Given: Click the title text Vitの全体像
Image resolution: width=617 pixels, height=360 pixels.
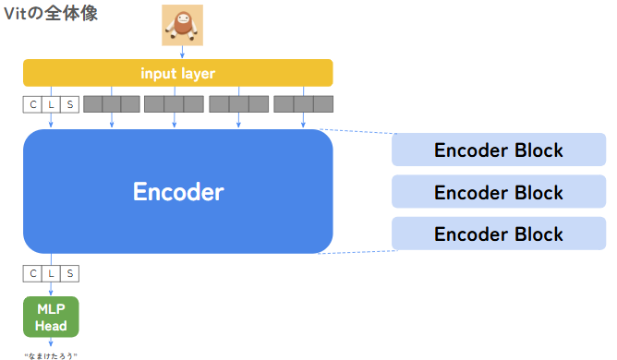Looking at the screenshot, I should pos(51,14).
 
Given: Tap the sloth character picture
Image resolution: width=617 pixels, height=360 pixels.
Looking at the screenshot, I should pos(181,25).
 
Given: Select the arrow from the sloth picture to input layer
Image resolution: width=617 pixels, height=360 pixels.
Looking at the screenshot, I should pos(181,52).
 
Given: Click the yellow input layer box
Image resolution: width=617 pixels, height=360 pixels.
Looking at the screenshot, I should pos(177,73).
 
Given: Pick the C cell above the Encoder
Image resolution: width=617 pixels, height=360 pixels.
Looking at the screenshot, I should pos(33,104).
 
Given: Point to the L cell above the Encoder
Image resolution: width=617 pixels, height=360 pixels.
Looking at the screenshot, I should pos(51,104).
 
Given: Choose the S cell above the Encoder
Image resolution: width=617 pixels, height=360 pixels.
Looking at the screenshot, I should pos(69,104).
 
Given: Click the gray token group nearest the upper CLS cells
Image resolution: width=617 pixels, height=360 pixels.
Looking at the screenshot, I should pos(112,104).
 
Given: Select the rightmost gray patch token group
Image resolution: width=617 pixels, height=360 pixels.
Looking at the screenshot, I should pos(303,104).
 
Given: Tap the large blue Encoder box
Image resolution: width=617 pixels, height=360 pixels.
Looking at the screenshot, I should pos(177,191).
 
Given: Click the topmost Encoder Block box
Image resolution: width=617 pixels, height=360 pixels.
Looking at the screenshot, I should pos(499,150).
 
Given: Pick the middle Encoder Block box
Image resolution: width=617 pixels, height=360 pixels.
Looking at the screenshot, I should pos(499,192).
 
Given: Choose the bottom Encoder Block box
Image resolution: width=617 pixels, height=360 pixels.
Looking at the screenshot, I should pos(499,234).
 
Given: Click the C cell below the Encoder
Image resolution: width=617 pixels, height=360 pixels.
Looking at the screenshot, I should pos(33,273).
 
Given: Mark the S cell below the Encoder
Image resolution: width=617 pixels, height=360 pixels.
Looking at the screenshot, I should pos(69,273).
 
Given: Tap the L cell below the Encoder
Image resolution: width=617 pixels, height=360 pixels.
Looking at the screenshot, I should pos(51,273).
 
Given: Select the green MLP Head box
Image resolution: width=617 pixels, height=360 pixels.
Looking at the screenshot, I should pos(51,316).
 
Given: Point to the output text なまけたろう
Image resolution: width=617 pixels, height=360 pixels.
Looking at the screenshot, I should pos(51,354).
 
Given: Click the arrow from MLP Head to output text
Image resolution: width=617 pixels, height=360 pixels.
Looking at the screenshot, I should pos(51,342).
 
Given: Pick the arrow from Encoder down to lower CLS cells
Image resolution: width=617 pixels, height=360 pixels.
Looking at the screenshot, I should pos(51,258).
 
